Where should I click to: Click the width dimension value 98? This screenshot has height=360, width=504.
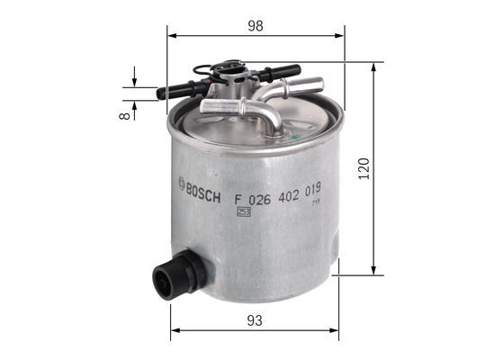click(x=256, y=26)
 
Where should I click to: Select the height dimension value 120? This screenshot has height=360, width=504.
click(x=363, y=168)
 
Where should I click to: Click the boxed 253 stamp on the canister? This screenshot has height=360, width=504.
click(x=243, y=212)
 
